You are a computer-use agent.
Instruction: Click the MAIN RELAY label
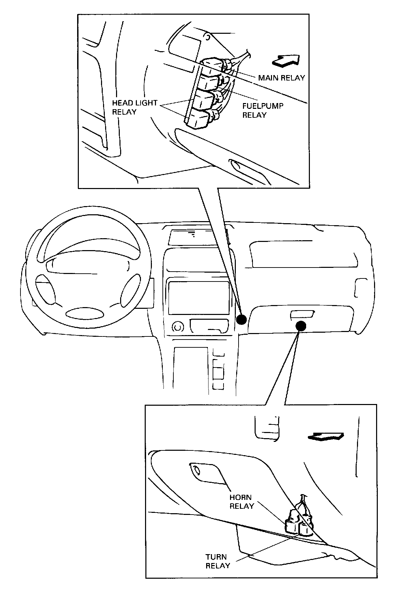[x=281, y=78]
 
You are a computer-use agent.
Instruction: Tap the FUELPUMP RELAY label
[x=262, y=110]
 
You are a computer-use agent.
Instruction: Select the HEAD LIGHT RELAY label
[x=134, y=107]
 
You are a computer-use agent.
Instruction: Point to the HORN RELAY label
[x=242, y=502]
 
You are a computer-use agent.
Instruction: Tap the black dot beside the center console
[x=242, y=319]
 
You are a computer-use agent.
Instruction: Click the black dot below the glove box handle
[x=301, y=326]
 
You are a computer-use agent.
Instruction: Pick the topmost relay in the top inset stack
[x=212, y=65]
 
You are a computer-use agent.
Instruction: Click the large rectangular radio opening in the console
[x=199, y=298]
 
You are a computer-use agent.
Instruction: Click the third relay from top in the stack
[x=204, y=100]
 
